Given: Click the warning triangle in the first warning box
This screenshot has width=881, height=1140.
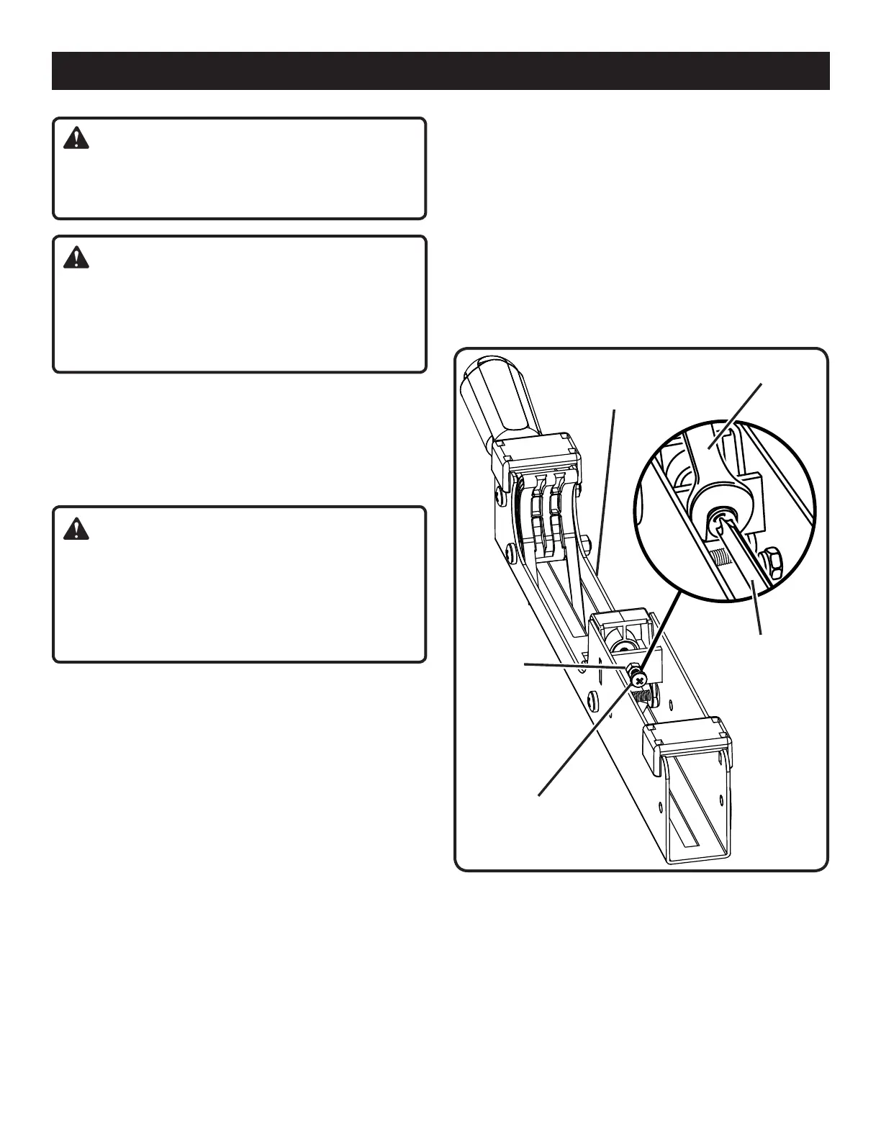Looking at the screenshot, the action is pyautogui.click(x=76, y=139).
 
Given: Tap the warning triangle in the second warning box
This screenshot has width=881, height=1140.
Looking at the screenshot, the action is pyautogui.click(x=76, y=257).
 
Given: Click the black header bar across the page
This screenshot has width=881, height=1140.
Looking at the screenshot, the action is pyautogui.click(x=440, y=71).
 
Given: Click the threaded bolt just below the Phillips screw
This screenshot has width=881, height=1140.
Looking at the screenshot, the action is pyautogui.click(x=645, y=695).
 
